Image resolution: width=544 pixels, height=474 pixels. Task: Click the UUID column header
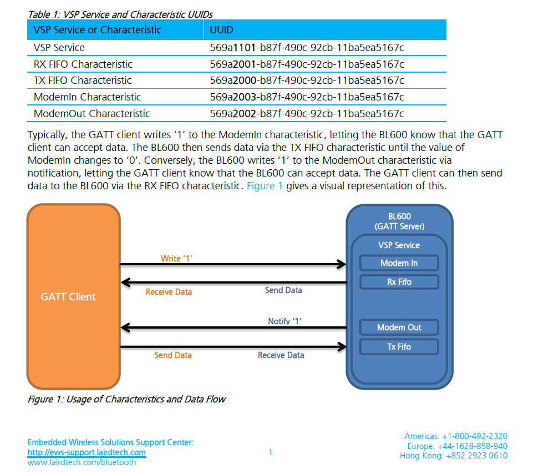(221, 29)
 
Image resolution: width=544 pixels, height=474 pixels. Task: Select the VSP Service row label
(59, 48)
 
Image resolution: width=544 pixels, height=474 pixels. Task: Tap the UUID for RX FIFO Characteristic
(307, 64)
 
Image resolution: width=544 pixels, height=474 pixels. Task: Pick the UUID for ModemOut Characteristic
(307, 114)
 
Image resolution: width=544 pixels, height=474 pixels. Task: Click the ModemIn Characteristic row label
(88, 97)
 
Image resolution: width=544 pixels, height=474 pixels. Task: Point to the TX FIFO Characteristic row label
(83, 80)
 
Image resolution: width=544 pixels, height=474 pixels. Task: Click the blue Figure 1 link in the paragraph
(265, 185)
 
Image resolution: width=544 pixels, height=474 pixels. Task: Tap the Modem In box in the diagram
(399, 263)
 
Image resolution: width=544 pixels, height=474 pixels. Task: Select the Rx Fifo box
(399, 282)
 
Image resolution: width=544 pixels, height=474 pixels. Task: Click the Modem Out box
(399, 327)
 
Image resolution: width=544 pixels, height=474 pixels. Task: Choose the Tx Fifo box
(399, 347)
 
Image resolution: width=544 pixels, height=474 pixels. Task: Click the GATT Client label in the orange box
(68, 297)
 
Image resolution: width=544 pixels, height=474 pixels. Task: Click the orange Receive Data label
(169, 292)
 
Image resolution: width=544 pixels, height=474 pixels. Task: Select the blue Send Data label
(283, 290)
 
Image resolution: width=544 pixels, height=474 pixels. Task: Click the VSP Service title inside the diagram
(399, 245)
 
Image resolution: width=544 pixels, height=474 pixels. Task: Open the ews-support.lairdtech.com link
(87, 452)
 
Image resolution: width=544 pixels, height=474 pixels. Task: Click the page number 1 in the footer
(270, 452)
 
